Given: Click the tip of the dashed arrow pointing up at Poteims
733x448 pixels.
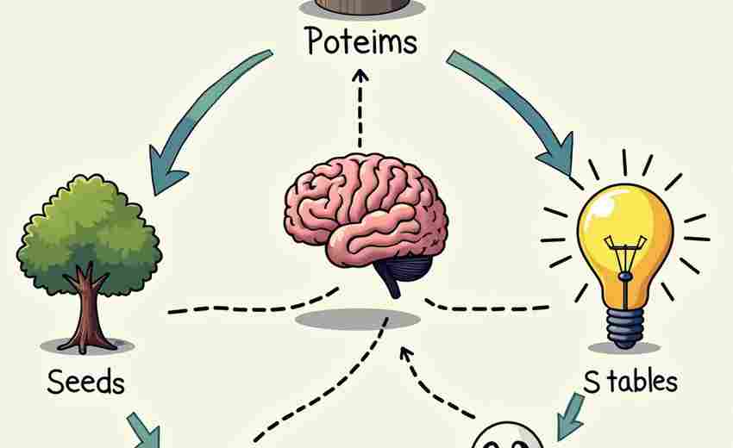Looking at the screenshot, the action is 360,71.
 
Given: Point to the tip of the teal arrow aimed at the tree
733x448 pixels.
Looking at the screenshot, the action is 156,195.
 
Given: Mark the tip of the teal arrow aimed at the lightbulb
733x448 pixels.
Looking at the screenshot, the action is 571,177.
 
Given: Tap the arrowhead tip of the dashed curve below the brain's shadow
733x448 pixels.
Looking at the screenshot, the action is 403,347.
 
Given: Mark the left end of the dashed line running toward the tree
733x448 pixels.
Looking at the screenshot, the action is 168,311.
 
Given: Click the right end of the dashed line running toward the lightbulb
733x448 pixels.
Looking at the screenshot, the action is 548,308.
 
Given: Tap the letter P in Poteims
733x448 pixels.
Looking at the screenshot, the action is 316,40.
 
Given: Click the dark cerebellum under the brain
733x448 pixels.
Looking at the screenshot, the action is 403,271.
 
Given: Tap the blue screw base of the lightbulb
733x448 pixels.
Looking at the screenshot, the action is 624,327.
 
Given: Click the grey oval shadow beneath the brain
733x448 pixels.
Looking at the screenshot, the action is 358,320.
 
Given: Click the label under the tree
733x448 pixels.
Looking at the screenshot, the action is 86,383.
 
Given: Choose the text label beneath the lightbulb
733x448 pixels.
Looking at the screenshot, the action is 630,381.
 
